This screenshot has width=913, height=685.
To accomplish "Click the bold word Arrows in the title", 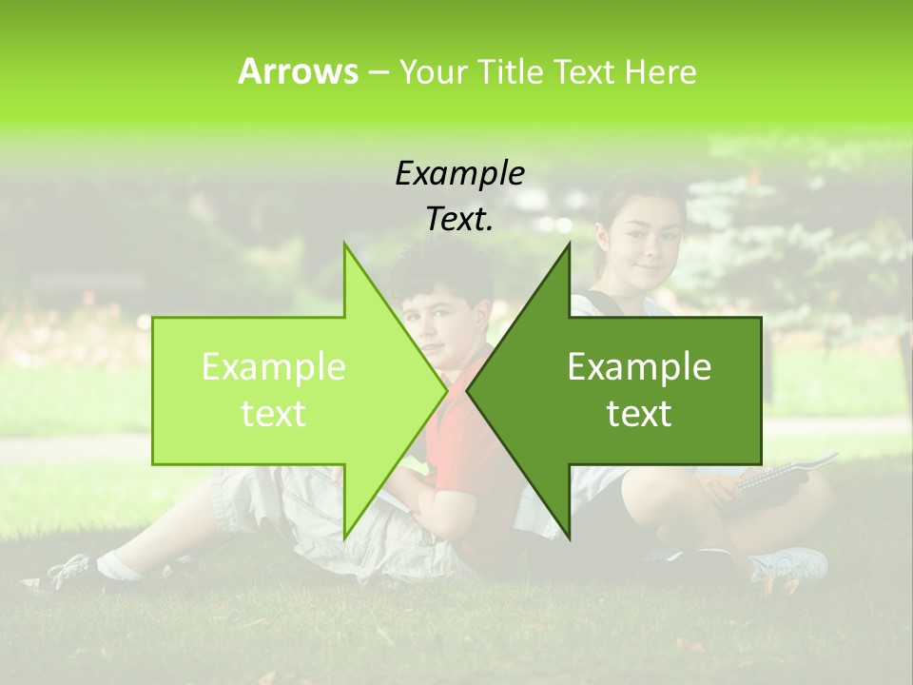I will click(x=299, y=71).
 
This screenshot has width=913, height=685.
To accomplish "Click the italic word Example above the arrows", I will click(x=459, y=173).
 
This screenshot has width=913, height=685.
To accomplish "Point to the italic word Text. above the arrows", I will click(x=459, y=219).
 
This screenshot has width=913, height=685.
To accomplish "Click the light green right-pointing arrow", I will click(x=285, y=390).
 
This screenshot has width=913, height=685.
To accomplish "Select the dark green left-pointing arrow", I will click(x=628, y=390).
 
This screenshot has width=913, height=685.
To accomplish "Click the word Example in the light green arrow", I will click(x=274, y=367).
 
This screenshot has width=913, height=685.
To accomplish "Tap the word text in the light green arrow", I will click(x=274, y=414).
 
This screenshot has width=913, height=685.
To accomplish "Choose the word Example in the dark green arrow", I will click(x=639, y=367).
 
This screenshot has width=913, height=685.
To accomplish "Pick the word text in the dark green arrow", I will click(x=639, y=414).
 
